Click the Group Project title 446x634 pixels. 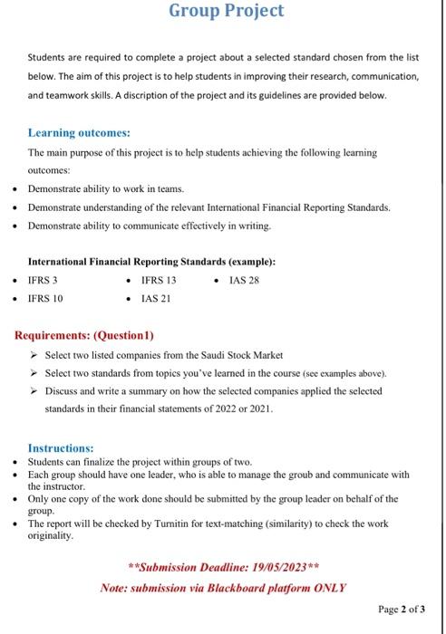tap(226, 11)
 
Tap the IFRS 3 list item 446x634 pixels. tap(43, 280)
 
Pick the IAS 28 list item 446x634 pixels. tap(244, 280)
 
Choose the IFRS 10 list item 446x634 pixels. tap(45, 298)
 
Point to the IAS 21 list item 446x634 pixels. tap(156, 298)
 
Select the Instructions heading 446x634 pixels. tap(61, 448)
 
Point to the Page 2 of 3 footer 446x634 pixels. tap(400, 610)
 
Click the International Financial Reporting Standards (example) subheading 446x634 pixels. tap(151, 262)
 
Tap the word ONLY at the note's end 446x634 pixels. tap(328, 587)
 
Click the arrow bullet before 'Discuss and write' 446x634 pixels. tap(34, 391)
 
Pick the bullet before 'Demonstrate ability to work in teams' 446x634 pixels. tap(13, 189)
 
